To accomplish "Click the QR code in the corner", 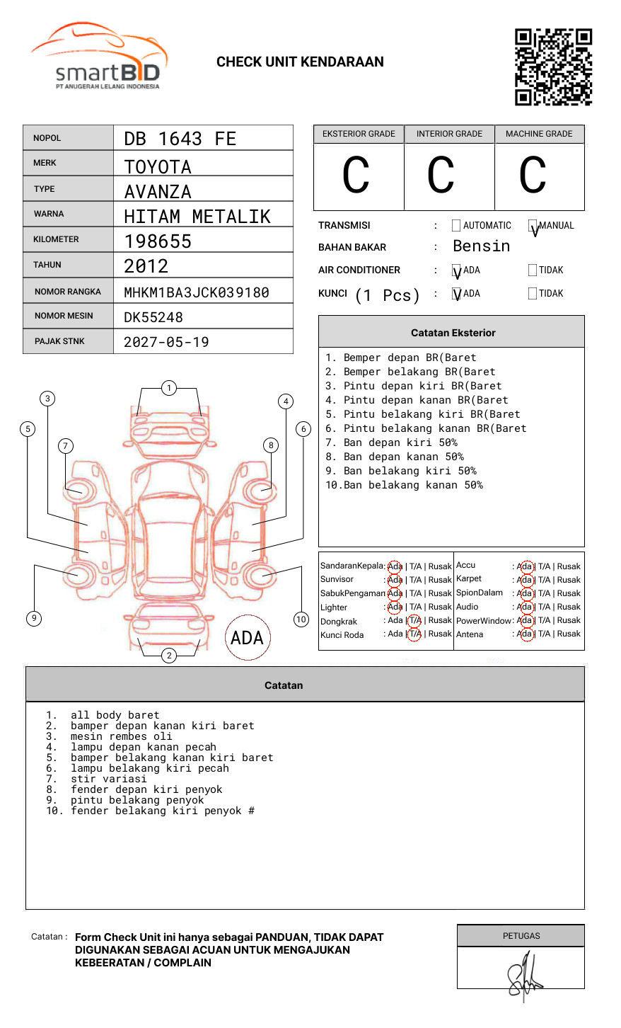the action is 553,67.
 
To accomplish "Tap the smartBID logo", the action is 100,55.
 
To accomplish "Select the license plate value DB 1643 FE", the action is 180,139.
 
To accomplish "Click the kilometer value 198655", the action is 157,241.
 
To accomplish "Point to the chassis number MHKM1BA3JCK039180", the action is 197,292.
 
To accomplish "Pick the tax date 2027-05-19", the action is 166,342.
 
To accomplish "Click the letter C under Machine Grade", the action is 533,174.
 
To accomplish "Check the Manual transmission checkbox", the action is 533,225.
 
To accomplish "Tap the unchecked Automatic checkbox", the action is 456,225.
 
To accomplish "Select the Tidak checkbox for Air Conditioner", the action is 533,270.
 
